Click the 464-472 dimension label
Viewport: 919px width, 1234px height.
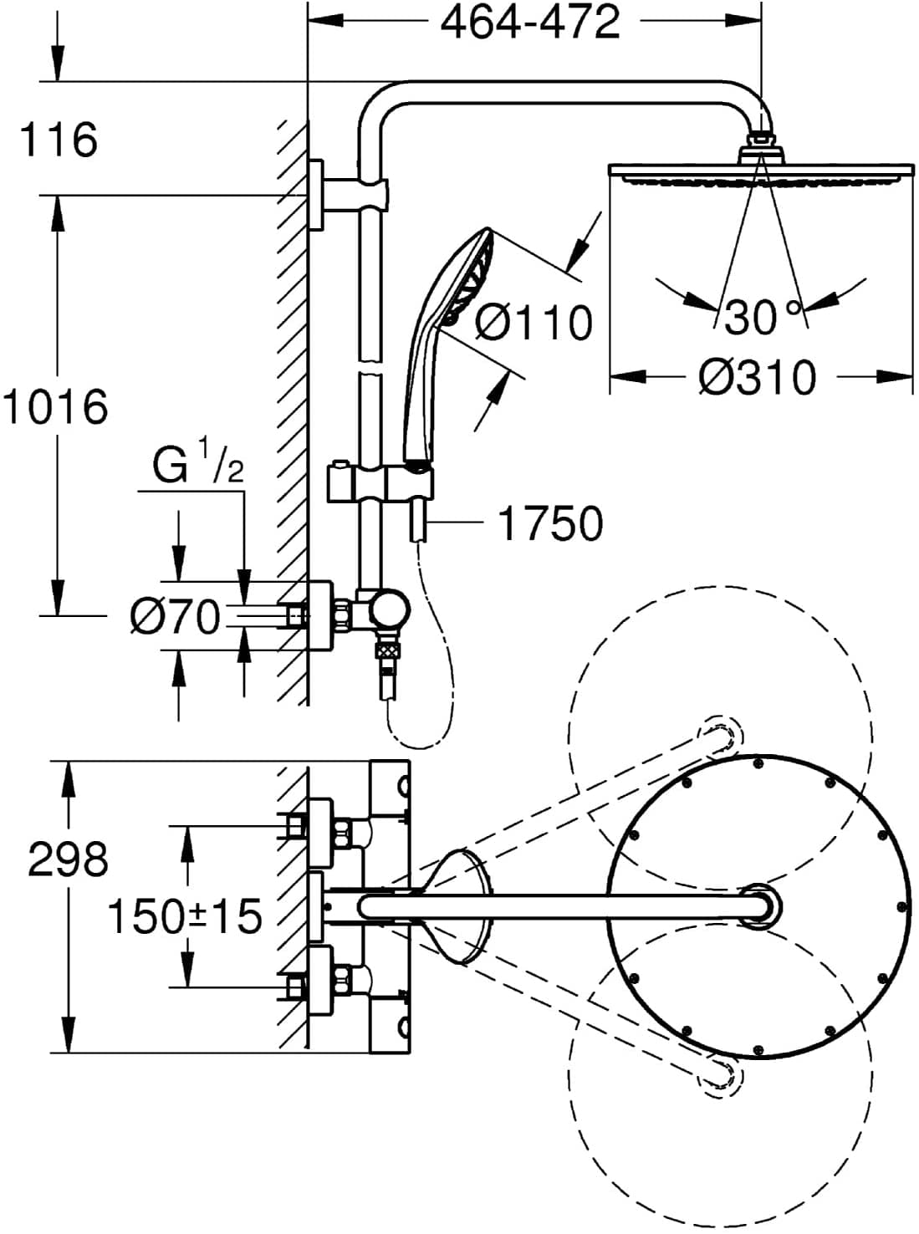[x=531, y=23]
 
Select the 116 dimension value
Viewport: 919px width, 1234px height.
[x=59, y=140]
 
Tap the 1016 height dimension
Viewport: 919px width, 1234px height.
[x=55, y=407]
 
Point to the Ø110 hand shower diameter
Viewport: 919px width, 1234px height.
[x=534, y=323]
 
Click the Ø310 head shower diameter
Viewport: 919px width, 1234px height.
[x=758, y=378]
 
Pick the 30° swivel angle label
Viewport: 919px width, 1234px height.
[x=762, y=317]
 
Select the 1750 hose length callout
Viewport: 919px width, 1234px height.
[x=550, y=524]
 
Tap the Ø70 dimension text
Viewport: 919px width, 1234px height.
[x=176, y=618]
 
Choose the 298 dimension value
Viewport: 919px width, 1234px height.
[x=69, y=859]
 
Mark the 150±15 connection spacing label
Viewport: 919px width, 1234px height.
[x=185, y=916]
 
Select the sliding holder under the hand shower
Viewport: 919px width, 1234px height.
[x=381, y=484]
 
